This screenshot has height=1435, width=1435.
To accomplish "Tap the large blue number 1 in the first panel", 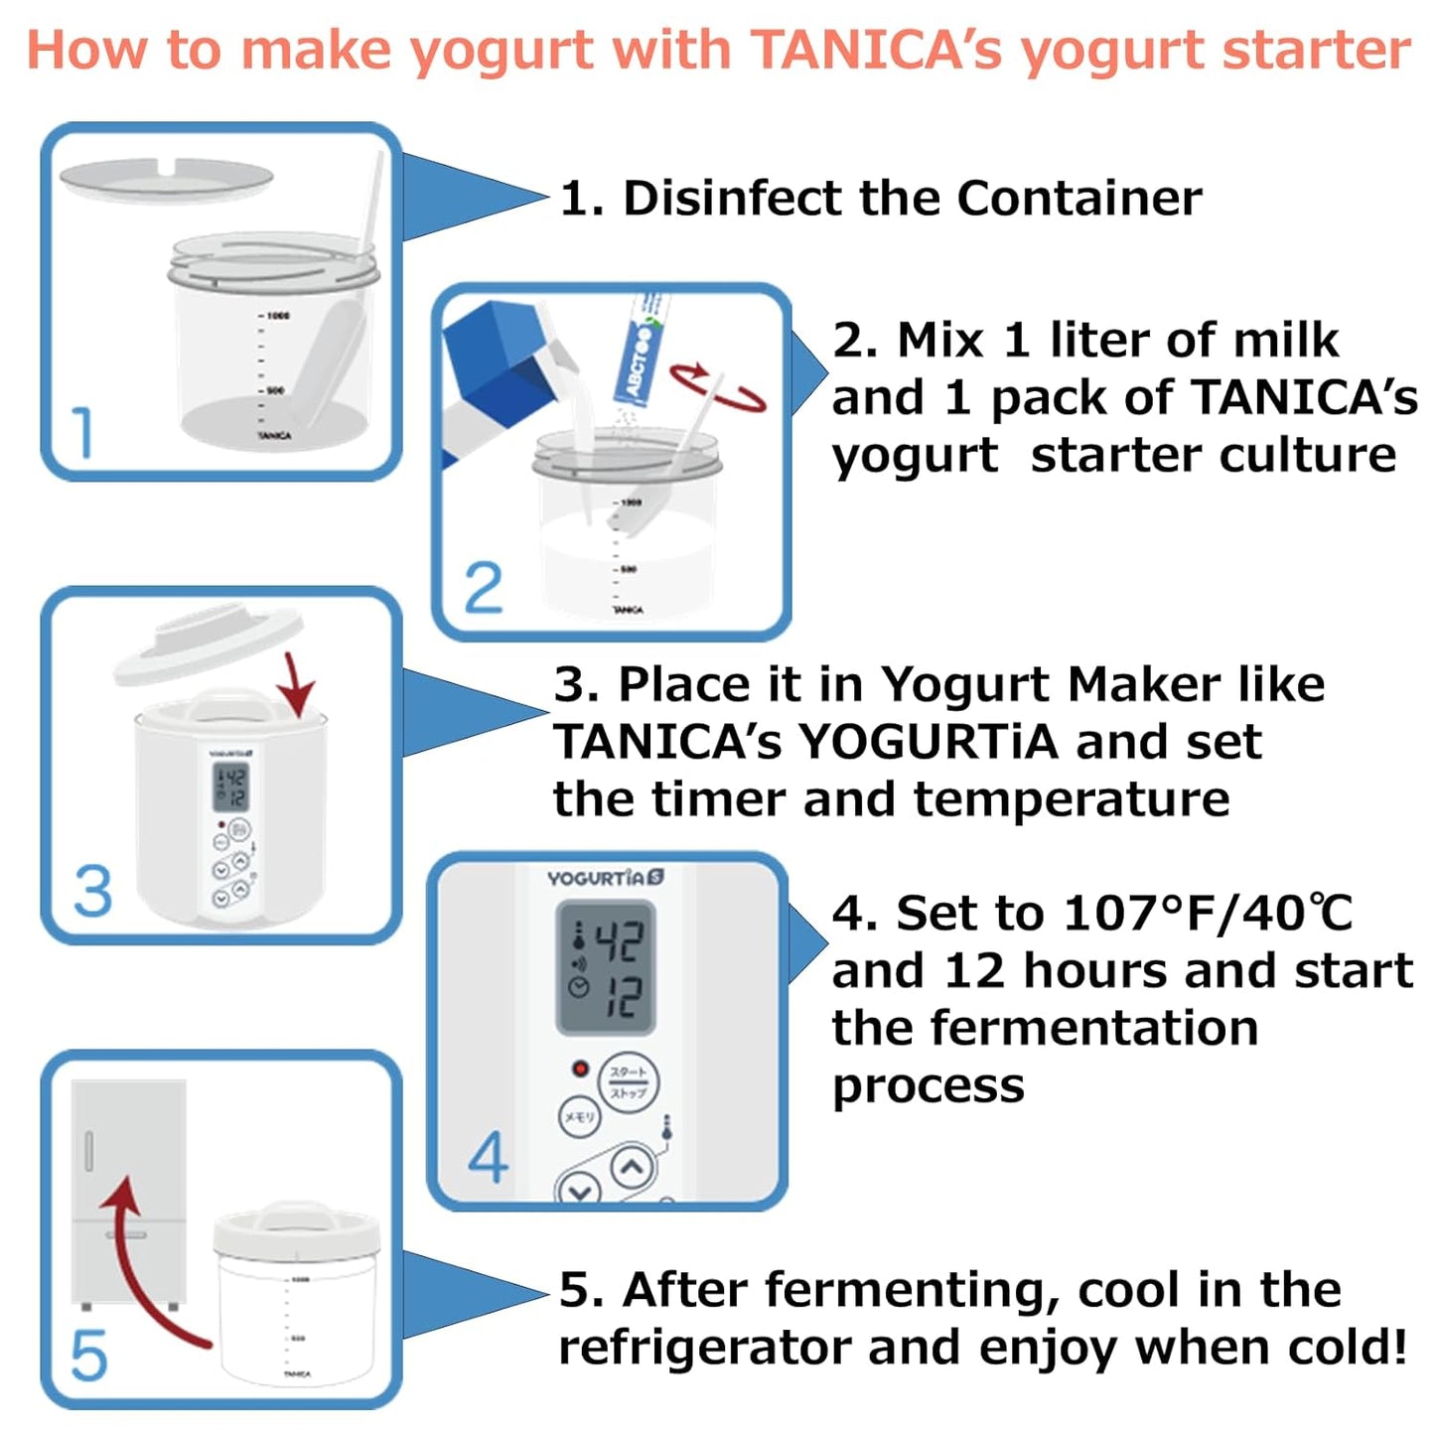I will pos(83,433).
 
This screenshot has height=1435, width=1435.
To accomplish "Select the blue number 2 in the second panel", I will pos(484,588).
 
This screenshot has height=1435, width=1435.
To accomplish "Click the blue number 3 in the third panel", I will pos(93,891).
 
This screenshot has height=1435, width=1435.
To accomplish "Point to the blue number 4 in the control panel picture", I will pos(488,1157).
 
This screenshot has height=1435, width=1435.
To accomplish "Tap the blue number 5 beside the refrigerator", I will pos(88,1356).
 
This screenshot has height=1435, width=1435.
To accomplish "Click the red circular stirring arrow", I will pos(717,387).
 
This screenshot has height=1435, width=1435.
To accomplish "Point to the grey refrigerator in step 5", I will pos(129,1192).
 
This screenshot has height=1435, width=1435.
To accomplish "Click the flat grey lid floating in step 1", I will pos(166,179).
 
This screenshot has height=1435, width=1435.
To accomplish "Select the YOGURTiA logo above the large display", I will pos(605,878).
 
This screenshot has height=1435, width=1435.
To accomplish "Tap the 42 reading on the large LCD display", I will pos(620,940).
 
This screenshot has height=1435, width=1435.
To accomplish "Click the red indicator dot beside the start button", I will pos(579,1069).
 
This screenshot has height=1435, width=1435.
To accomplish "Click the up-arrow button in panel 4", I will pos(632,1168).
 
